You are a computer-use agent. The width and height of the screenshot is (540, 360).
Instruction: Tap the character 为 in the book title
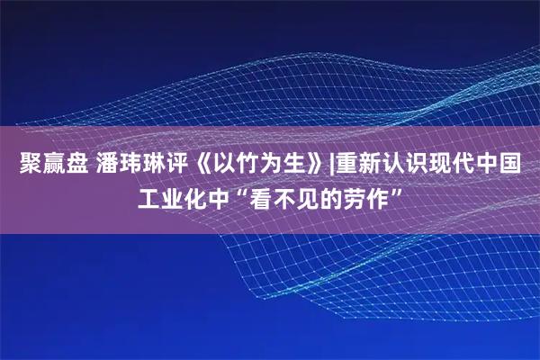pyautogui.click(x=268, y=166)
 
